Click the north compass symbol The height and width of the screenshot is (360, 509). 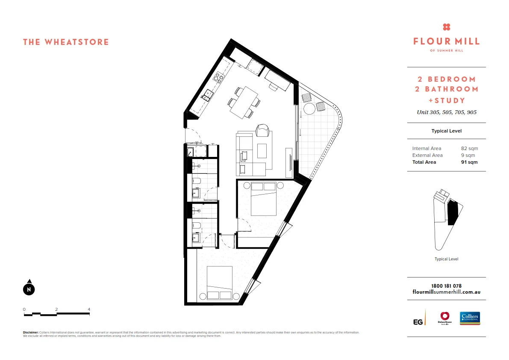pyautogui.click(x=29, y=289)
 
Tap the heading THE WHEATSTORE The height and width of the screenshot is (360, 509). pyautogui.click(x=66, y=42)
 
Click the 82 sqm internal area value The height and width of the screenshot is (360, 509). pyautogui.click(x=469, y=148)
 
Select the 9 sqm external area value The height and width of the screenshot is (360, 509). pyautogui.click(x=468, y=155)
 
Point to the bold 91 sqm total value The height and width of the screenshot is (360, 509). pyautogui.click(x=469, y=162)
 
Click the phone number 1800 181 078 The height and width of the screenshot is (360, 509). pyautogui.click(x=446, y=286)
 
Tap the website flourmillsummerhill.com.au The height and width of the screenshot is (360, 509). pyautogui.click(x=446, y=292)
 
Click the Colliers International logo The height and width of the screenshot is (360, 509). pyautogui.click(x=470, y=318)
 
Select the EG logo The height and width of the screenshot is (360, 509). pyautogui.click(x=419, y=321)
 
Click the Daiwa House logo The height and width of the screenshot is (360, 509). pyautogui.click(x=444, y=318)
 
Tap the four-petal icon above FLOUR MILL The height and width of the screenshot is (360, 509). pyautogui.click(x=447, y=27)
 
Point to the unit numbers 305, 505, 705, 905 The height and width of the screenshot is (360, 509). pyautogui.click(x=447, y=112)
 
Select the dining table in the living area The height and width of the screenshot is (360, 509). pyautogui.click(x=244, y=102)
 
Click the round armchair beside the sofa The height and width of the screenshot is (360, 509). pyautogui.click(x=262, y=130)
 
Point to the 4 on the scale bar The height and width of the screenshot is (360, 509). pyautogui.click(x=89, y=309)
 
